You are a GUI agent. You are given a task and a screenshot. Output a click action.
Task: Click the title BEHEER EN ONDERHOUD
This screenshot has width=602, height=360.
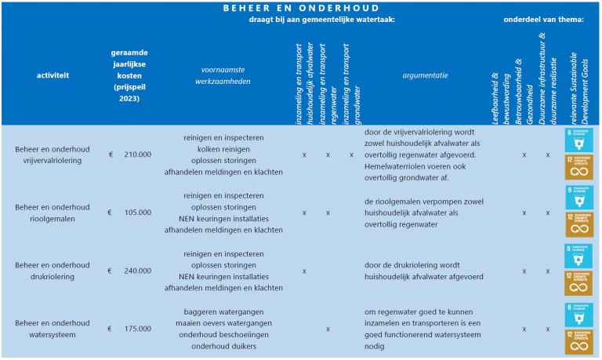pos(301,7)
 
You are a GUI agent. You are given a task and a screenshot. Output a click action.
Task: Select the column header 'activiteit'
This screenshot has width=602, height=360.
pos(53,75)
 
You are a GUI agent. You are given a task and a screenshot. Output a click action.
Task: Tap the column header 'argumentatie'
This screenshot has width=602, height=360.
pos(425,75)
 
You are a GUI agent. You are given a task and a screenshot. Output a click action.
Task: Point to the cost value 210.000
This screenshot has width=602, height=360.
pos(137,155)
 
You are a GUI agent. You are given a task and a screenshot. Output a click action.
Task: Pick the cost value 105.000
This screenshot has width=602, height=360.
pos(137,213)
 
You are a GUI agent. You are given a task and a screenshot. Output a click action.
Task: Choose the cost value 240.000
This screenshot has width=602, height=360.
pos(137,271)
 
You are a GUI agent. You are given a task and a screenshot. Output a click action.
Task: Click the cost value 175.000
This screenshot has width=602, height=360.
pos(137,329)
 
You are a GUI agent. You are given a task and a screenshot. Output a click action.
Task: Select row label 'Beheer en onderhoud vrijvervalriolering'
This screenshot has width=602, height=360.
pos(53,155)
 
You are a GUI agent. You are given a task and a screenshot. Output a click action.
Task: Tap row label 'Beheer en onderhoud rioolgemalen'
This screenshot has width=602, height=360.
pos(53,213)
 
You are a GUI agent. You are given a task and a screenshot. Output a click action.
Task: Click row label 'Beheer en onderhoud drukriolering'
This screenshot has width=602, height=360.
pos(53,271)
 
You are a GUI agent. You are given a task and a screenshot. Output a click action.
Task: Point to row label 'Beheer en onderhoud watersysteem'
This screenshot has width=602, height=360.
pos(53,329)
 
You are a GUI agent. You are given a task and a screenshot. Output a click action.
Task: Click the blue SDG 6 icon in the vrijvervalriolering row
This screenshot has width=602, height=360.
pos(578,140)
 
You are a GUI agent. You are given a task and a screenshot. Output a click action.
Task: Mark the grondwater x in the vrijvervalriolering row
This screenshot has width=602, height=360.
pos(352,155)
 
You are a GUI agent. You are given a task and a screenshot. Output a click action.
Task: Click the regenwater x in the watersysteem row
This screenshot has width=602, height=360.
pos(328,329)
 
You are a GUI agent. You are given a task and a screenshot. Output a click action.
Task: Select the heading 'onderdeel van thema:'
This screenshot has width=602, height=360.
pos(543,19)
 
